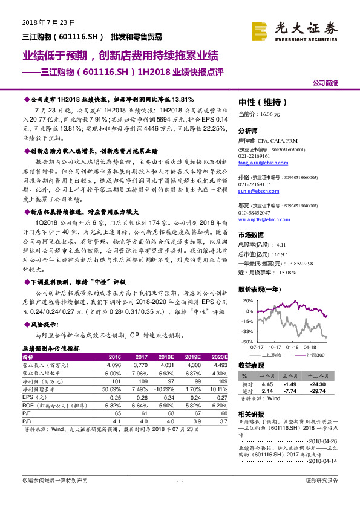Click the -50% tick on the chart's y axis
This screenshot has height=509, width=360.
click(x=247, y=342)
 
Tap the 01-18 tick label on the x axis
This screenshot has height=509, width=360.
click(x=293, y=348)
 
